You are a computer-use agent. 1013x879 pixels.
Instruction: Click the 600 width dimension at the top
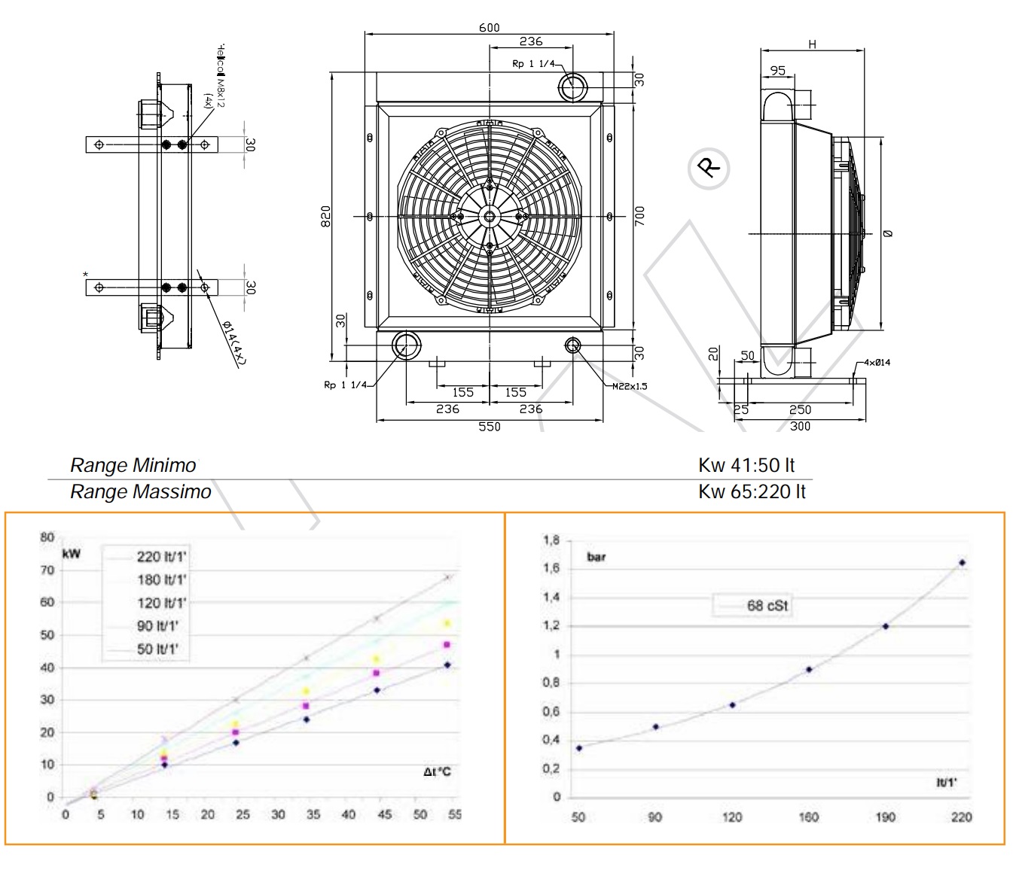coord(489,28)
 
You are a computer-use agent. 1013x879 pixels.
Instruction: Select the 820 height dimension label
coord(326,217)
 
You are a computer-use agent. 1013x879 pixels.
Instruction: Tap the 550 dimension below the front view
coord(489,427)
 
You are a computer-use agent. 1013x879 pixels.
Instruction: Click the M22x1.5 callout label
coord(630,386)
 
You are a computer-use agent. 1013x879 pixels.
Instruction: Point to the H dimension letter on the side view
coord(812,44)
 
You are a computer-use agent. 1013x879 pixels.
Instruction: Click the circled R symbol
coord(709,167)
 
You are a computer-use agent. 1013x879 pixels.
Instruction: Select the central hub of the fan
coord(490,217)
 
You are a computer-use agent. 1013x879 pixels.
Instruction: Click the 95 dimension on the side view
coord(777,71)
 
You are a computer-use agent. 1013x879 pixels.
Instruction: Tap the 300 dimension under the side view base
coord(800,427)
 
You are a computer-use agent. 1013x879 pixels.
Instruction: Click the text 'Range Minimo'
coord(133,466)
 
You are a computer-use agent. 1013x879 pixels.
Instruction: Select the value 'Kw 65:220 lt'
coord(752,492)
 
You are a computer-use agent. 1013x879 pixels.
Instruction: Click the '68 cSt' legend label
coord(767,605)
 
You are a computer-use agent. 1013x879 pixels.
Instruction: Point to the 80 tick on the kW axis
coord(47,537)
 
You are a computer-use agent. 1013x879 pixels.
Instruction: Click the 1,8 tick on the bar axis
coord(551,540)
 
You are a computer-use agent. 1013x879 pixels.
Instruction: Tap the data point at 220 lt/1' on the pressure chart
coord(962,563)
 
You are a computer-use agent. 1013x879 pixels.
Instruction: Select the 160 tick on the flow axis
coord(808,817)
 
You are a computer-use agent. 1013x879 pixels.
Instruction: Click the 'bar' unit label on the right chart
coord(596,558)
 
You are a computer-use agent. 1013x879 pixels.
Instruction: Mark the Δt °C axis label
coord(437,772)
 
